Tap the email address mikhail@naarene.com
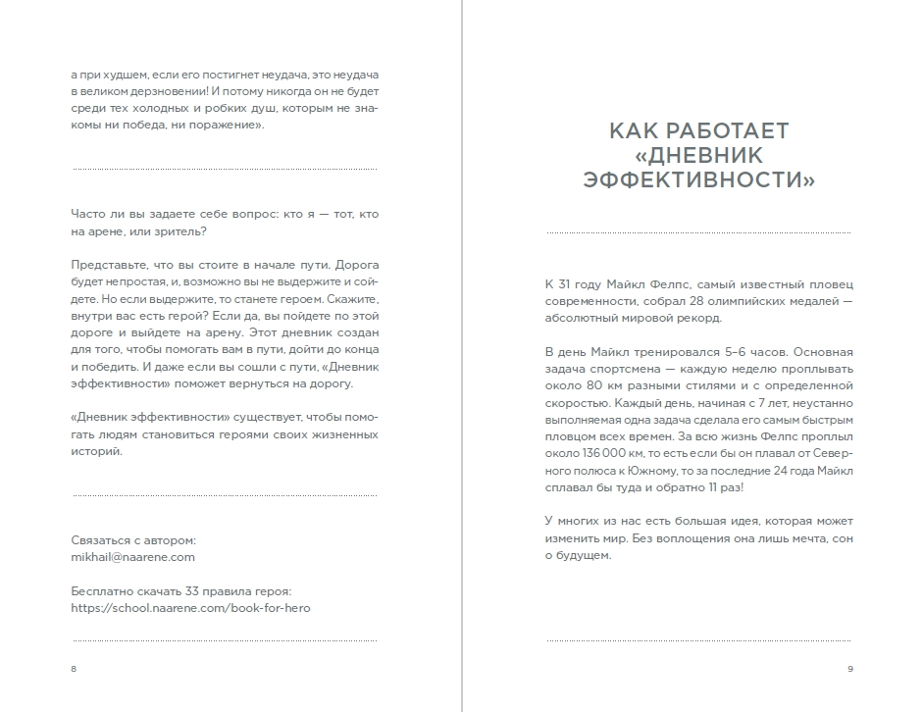point(133,556)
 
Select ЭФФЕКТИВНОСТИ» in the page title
point(698,180)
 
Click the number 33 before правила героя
point(190,591)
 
